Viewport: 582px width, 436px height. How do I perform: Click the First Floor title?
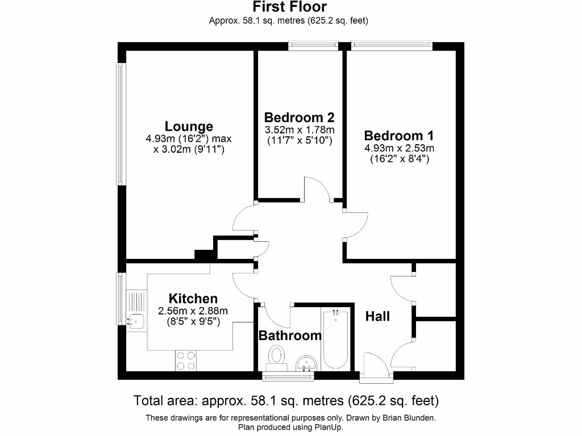(x=290, y=7)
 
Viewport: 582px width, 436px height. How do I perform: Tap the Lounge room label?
(x=189, y=127)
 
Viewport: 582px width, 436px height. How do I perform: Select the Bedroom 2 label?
(x=299, y=118)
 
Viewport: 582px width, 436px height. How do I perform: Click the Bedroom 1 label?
(x=398, y=136)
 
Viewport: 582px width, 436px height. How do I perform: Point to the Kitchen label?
(x=193, y=299)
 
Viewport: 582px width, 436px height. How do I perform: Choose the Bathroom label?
(x=290, y=336)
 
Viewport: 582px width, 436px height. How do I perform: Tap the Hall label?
(x=377, y=316)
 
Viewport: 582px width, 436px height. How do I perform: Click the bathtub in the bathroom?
(x=335, y=338)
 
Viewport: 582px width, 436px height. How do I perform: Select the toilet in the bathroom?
(x=277, y=357)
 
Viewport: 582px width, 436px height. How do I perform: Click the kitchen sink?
(x=136, y=321)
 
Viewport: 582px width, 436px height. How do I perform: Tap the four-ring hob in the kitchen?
(x=186, y=359)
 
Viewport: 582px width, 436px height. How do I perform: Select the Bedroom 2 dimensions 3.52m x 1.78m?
(x=299, y=130)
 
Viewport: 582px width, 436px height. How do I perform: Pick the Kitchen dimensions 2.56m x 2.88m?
(x=193, y=311)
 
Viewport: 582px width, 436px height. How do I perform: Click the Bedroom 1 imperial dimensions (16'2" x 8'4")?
(x=398, y=160)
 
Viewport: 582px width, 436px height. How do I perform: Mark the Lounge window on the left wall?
(x=120, y=124)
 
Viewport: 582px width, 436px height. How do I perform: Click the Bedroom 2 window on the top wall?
(x=313, y=46)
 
